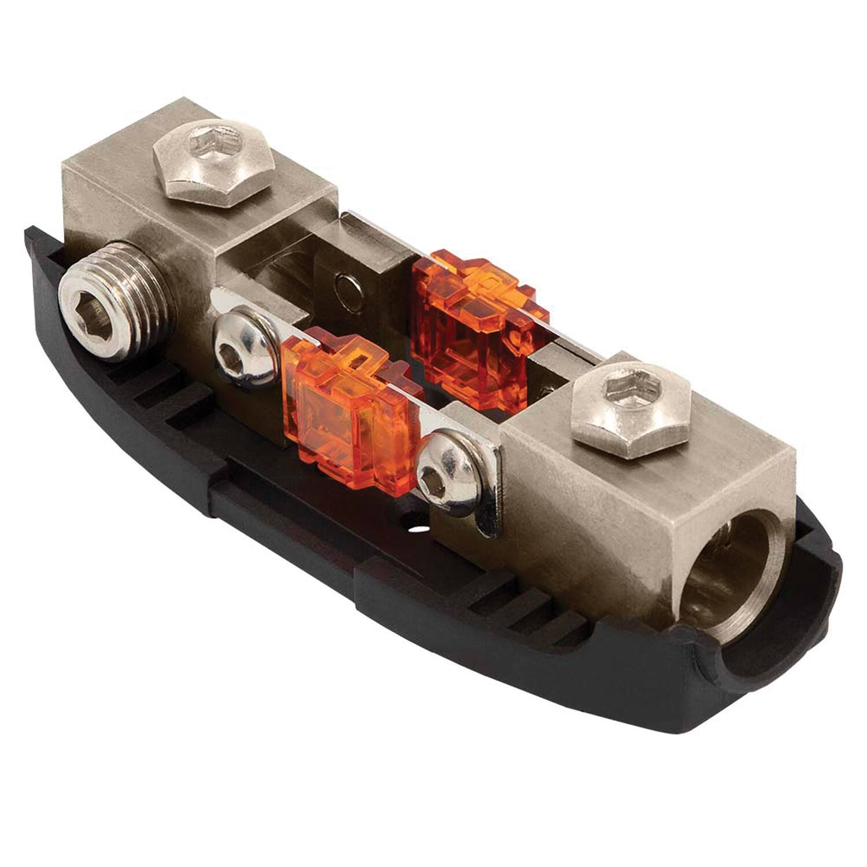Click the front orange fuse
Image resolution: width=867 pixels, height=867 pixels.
click(x=347, y=405)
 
